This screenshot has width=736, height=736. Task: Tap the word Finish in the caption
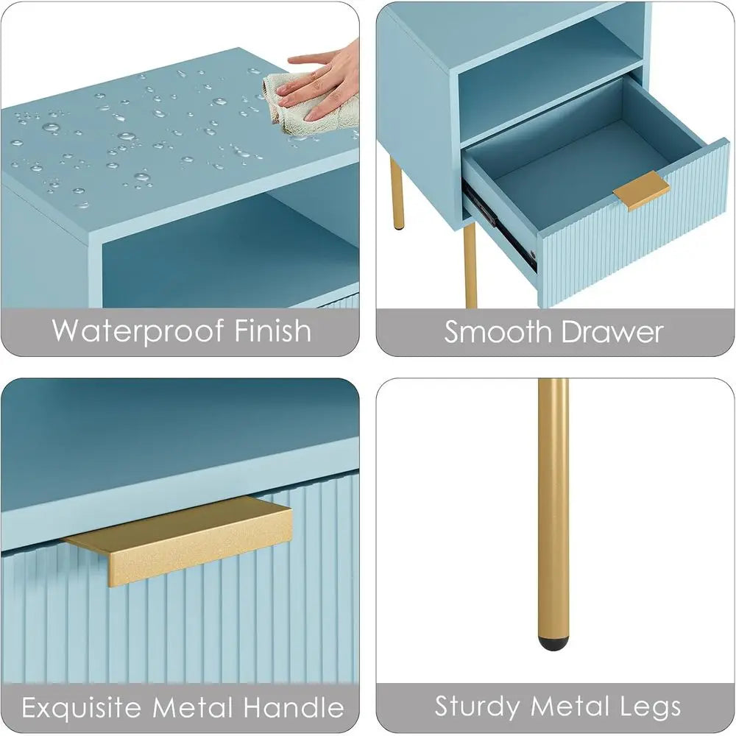pyautogui.click(x=273, y=330)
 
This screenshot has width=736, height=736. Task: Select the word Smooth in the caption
pyautogui.click(x=498, y=332)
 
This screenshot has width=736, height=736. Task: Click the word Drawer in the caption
pyautogui.click(x=612, y=332)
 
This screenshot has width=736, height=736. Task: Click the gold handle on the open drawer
pyautogui.click(x=642, y=190)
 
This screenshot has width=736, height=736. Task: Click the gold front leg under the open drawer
pyautogui.click(x=470, y=265)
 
